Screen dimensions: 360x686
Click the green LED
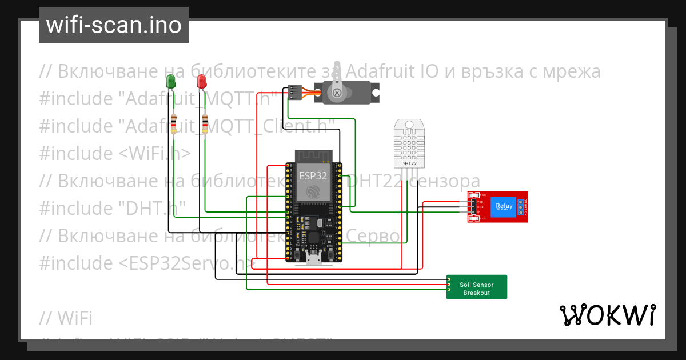click(171, 81)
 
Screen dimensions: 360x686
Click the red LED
click(201, 81)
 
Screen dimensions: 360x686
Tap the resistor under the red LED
click(205, 123)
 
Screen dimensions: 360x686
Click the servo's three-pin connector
click(294, 92)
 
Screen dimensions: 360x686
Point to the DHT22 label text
click(409, 164)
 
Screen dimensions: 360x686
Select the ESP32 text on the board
click(313, 175)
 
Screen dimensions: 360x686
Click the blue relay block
click(504, 206)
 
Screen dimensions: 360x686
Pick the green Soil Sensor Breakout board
click(477, 287)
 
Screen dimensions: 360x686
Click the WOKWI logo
click(607, 315)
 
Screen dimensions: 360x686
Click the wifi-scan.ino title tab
click(114, 25)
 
